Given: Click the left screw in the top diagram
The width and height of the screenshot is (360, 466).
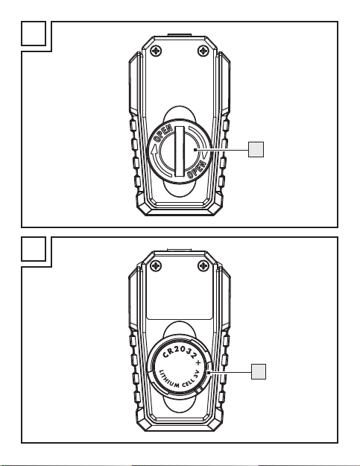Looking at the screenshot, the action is [156, 51].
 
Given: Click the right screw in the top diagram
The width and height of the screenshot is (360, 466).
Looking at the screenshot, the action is [203, 51].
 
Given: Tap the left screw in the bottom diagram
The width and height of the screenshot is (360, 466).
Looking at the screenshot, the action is [156, 265].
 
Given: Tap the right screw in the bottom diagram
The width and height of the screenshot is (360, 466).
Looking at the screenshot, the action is [203, 265].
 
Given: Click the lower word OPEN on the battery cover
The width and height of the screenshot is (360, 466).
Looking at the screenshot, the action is [197, 169].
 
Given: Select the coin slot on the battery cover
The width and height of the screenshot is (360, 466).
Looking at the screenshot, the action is [180, 151].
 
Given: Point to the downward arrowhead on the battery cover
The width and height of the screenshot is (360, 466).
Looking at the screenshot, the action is [205, 154].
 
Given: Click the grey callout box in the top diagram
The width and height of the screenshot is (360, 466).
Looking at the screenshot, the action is [256, 149].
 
